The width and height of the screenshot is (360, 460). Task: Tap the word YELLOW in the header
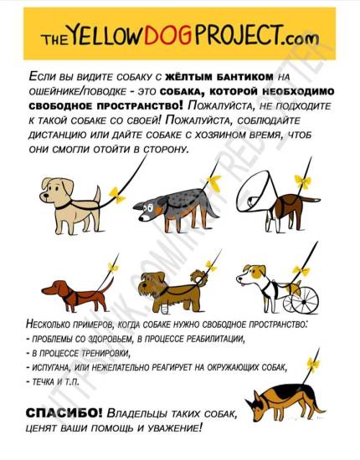pos(116,37)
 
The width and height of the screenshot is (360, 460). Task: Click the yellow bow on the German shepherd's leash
pos(313,364)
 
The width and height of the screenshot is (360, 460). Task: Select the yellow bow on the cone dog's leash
pos(302,181)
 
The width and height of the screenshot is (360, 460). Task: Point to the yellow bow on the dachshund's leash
pos(112,267)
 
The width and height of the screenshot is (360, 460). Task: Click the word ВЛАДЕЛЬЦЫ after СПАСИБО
pos(141,414)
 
